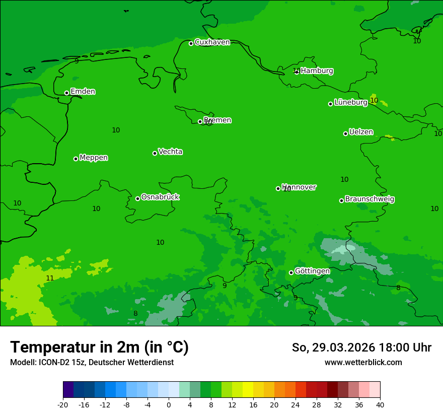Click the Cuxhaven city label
pos(212,42)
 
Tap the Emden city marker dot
pos(66,93)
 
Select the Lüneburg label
pos(351,102)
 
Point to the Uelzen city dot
pos(345,133)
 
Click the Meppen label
pos(94,158)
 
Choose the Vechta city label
pos(170,152)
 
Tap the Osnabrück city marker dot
pos(137,198)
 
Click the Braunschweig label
pos(370,199)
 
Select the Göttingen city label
pos(312,271)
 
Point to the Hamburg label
pos(317,71)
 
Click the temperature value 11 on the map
pos(50,278)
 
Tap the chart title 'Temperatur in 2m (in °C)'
pos(99,347)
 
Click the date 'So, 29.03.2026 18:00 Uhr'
pos(361,347)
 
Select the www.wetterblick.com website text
pos(363,363)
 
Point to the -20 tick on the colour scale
pos(63,404)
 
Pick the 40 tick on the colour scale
pos(380,404)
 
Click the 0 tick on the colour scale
pos(169,404)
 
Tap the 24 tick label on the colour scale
pos(296,404)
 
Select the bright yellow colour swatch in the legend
pos(248,390)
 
